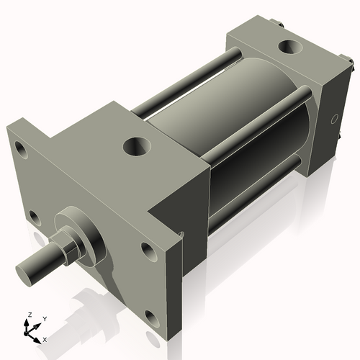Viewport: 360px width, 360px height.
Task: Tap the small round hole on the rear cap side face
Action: pos(333,118)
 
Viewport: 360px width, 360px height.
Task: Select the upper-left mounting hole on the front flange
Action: pos(22,151)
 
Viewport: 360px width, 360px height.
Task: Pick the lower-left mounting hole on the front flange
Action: pos(32,215)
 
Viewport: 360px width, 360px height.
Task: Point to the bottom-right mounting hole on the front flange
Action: pos(149,317)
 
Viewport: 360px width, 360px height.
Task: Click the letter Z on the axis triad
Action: pos(30,315)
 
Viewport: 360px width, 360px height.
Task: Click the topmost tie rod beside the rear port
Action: pos(187,79)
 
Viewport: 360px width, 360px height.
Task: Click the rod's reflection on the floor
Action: pos(94,302)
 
